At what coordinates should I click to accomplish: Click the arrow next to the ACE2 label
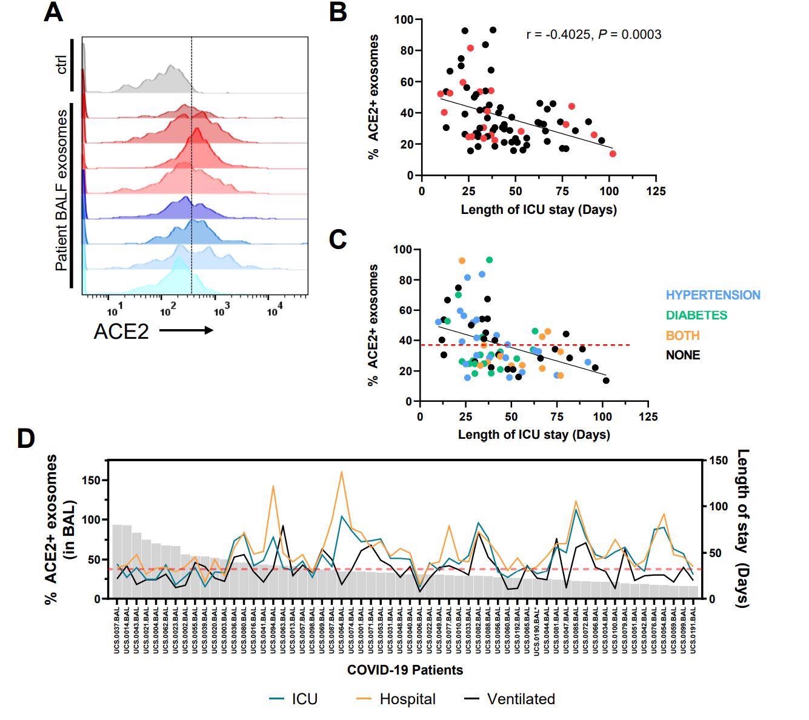pyautogui.click(x=186, y=330)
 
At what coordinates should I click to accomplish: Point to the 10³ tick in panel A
pyautogui.click(x=221, y=312)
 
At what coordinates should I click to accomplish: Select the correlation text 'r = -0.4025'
pyautogui.click(x=559, y=35)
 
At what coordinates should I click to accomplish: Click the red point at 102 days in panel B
pyautogui.click(x=612, y=154)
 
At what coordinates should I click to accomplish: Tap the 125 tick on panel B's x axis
pyautogui.click(x=655, y=192)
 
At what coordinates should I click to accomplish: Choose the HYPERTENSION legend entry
pyautogui.click(x=713, y=295)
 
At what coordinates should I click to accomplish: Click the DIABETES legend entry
pyautogui.click(x=696, y=315)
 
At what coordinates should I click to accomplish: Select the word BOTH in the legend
pyautogui.click(x=682, y=335)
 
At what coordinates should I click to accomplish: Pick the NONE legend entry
pyautogui.click(x=682, y=355)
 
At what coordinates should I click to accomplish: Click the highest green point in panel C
pyautogui.click(x=489, y=260)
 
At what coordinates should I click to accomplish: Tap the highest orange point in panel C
pyautogui.click(x=462, y=261)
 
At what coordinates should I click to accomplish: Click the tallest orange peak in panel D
pyautogui.click(x=342, y=472)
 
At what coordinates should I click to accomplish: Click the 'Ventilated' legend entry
pyautogui.click(x=521, y=699)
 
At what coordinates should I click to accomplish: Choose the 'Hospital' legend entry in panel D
pyautogui.click(x=407, y=699)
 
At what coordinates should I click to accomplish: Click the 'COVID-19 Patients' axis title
pyautogui.click(x=405, y=670)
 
